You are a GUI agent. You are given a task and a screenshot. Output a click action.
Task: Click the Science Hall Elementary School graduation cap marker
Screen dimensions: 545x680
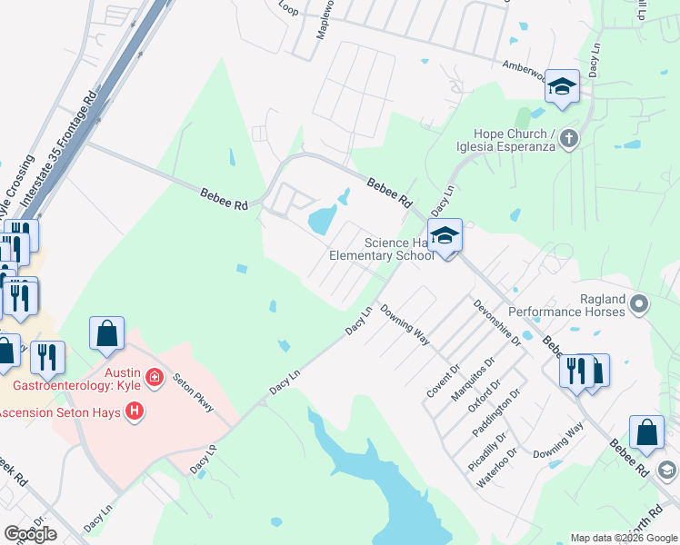tap(445, 236)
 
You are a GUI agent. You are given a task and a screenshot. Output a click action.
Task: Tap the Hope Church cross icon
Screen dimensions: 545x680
tap(569, 139)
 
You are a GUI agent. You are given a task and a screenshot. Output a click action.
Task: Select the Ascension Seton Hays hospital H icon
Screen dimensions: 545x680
tap(135, 412)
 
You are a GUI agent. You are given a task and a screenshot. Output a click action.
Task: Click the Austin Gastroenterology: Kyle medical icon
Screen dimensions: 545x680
tap(155, 376)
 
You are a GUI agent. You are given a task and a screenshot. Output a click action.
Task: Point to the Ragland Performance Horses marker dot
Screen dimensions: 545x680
tap(639, 302)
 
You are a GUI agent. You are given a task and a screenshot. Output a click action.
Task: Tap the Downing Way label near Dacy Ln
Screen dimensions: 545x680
tap(405, 325)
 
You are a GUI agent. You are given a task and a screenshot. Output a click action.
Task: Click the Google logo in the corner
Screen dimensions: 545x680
tap(30, 534)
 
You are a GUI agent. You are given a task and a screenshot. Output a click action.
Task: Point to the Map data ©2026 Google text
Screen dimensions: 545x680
tap(623, 538)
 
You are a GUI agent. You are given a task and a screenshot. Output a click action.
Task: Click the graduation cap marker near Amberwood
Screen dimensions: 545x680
tap(562, 87)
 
